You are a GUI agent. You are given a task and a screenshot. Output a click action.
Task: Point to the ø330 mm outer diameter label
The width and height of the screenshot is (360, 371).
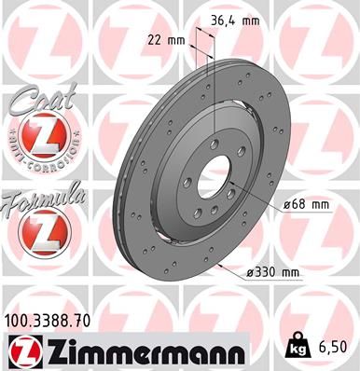point(275,272)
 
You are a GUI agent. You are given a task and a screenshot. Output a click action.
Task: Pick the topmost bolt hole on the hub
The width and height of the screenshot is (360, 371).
point(214,143)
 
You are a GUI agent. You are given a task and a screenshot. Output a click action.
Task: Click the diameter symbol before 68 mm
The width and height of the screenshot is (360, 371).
point(284,203)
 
